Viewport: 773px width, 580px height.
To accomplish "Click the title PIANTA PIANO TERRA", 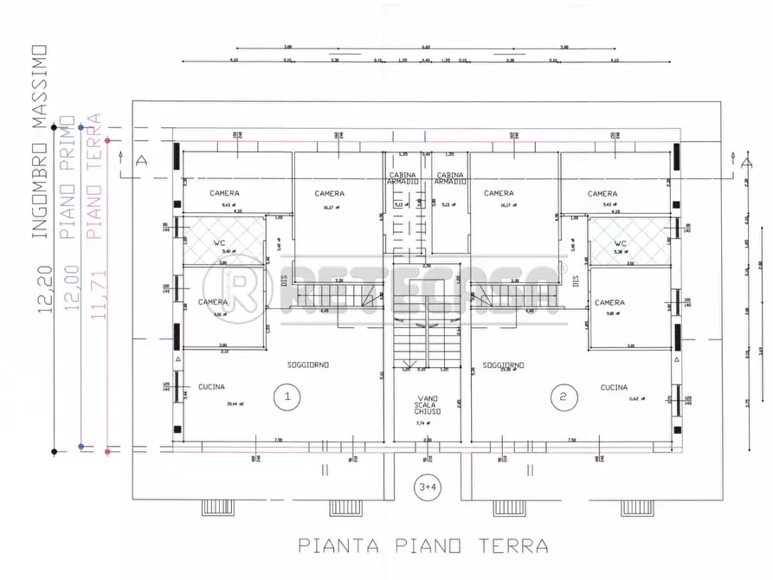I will point(423,545).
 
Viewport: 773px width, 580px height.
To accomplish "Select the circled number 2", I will point(564,397).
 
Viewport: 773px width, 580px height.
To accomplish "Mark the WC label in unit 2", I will point(620,243).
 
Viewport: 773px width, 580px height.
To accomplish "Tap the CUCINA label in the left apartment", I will point(212,387).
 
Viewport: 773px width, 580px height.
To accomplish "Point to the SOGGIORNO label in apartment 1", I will point(308,365).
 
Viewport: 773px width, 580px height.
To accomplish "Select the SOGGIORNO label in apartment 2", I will point(504,365).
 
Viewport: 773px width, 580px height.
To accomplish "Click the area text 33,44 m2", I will point(209,403).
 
